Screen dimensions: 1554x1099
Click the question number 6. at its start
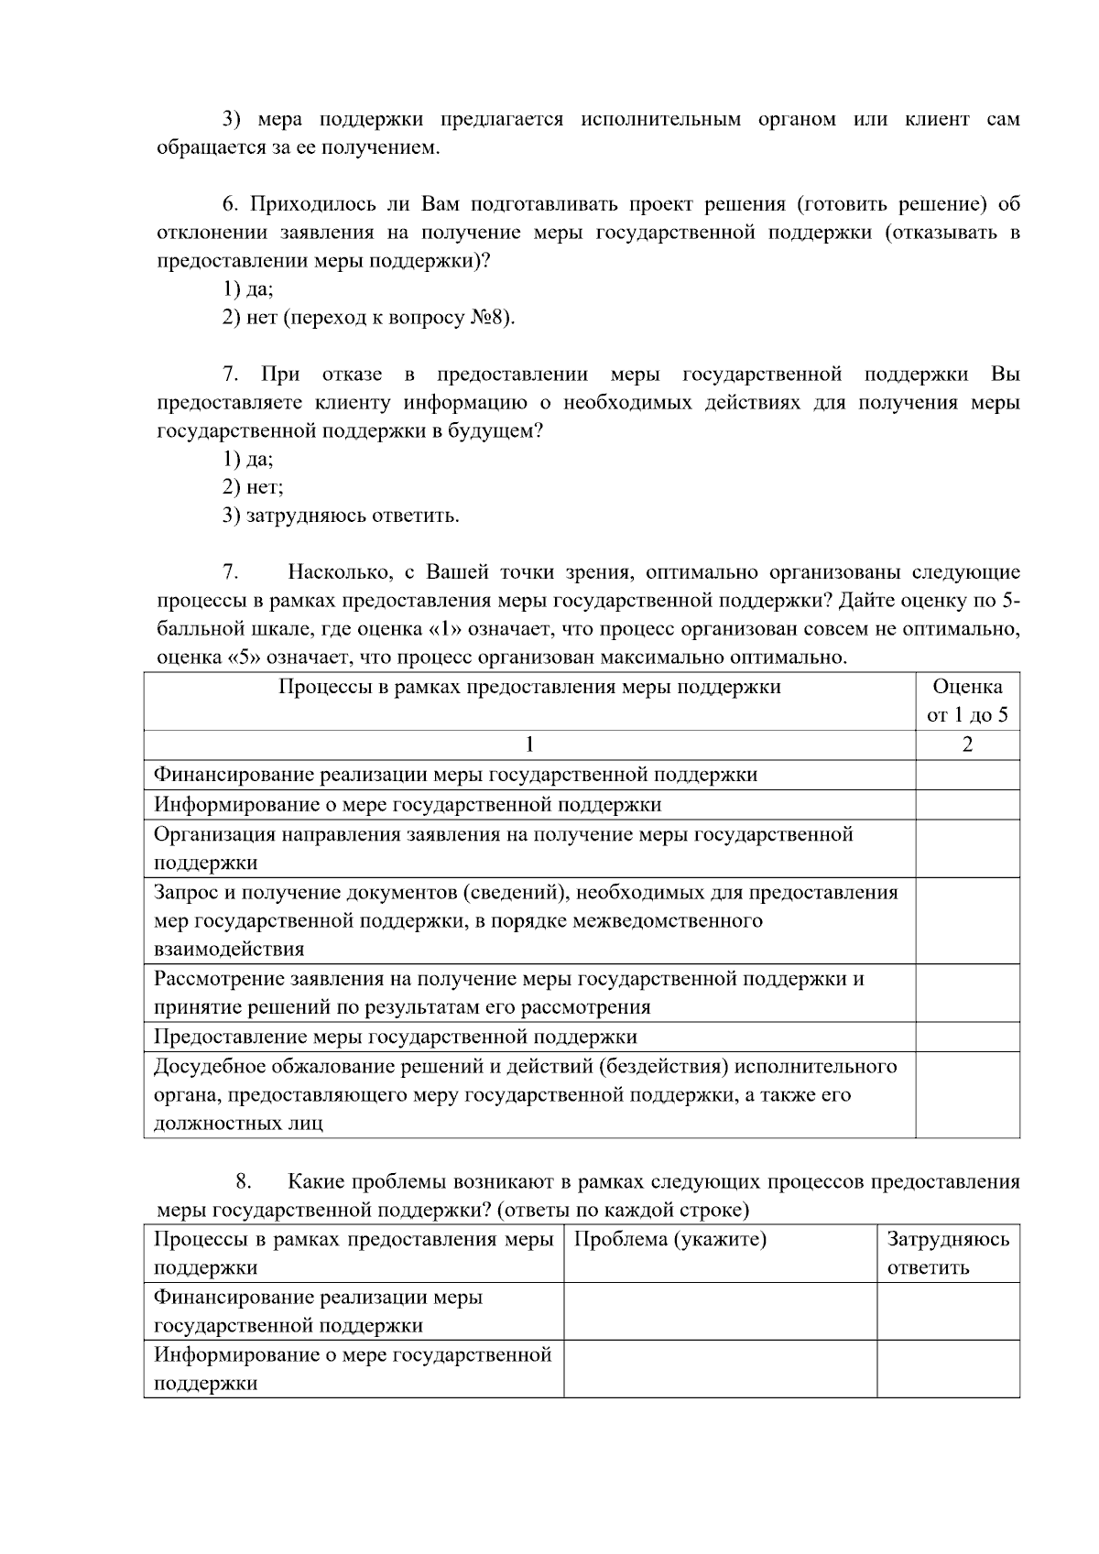pyautogui.click(x=230, y=204)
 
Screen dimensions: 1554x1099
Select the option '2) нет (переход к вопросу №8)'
pyautogui.click(x=368, y=318)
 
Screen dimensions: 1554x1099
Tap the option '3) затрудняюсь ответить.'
pyautogui.click(x=341, y=516)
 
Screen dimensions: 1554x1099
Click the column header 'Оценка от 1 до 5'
pyautogui.click(x=967, y=701)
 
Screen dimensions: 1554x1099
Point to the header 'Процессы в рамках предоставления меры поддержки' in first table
pyautogui.click(x=529, y=687)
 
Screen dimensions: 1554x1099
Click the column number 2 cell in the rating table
pyautogui.click(x=967, y=744)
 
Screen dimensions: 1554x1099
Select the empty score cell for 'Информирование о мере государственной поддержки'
pyautogui.click(x=967, y=805)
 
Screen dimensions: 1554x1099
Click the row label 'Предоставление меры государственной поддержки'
pyautogui.click(x=395, y=1037)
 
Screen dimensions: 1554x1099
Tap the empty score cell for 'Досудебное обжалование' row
pyautogui.click(x=967, y=1094)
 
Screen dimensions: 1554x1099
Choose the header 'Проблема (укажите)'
pyautogui.click(x=669, y=1240)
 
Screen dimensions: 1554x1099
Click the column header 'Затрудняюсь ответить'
pyautogui.click(x=948, y=1254)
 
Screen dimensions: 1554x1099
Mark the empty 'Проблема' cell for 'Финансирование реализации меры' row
pyautogui.click(x=720, y=1311)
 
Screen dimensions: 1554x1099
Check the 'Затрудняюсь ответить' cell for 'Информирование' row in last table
pyautogui.click(x=948, y=1369)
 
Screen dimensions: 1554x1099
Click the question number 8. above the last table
pyautogui.click(x=243, y=1182)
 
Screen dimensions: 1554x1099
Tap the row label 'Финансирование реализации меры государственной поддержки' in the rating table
pyautogui.click(x=455, y=775)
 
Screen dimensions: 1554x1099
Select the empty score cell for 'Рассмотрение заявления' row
pyautogui.click(x=967, y=993)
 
